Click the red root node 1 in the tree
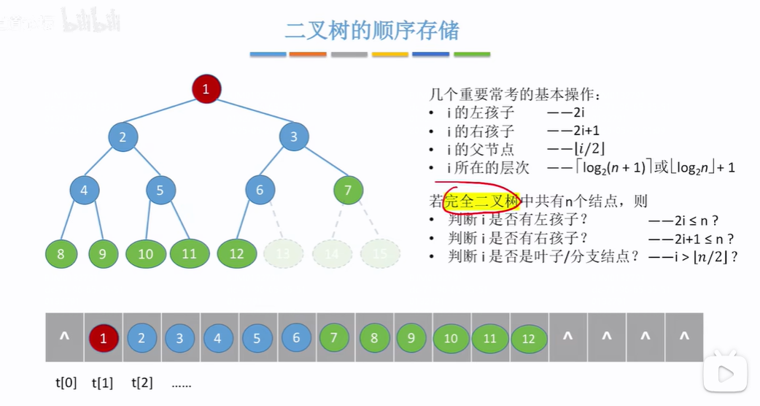point(206,89)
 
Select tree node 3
point(294,137)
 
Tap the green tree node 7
point(348,191)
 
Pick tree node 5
point(160,191)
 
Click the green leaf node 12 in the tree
point(236,253)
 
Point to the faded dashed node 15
point(379,253)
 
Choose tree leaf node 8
point(61,253)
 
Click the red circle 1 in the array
point(103,338)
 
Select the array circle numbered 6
point(296,338)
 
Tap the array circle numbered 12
point(529,339)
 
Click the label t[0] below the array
point(66,382)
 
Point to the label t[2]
point(142,382)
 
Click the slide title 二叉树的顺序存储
point(372,30)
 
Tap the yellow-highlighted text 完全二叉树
point(482,201)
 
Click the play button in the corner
point(725,374)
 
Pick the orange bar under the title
point(308,54)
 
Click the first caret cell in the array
point(65,337)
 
